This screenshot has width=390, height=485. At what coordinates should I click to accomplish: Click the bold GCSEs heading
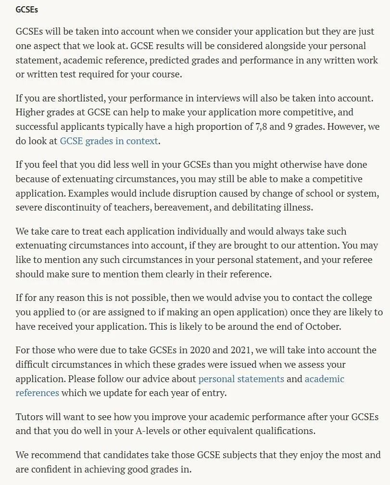pyautogui.click(x=27, y=10)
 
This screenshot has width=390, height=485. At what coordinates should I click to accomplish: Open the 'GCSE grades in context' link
pyautogui.click(x=109, y=141)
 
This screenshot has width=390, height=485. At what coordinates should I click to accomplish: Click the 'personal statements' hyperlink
pyautogui.click(x=241, y=378)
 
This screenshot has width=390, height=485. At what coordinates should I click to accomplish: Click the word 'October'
pyautogui.click(x=323, y=326)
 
